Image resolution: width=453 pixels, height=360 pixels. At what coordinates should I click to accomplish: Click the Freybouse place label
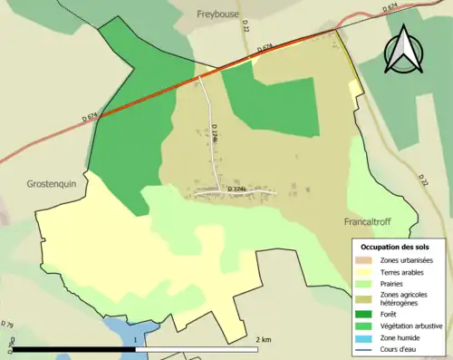coord(218,14)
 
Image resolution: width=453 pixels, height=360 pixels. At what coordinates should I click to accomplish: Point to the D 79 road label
coord(8,324)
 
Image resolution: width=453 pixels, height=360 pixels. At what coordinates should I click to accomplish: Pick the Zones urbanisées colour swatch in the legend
coord(365,261)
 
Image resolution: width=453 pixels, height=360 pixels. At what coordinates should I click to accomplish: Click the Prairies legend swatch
coord(365,284)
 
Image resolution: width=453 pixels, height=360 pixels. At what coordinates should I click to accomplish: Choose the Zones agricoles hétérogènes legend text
coord(405,299)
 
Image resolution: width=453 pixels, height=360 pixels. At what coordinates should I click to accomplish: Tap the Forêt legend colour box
coord(365,315)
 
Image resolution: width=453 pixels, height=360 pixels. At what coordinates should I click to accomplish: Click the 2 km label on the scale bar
coord(265,339)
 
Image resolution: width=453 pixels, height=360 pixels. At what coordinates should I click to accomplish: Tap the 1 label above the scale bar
coord(135,339)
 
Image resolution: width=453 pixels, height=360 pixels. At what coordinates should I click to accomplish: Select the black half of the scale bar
coord(72,349)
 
